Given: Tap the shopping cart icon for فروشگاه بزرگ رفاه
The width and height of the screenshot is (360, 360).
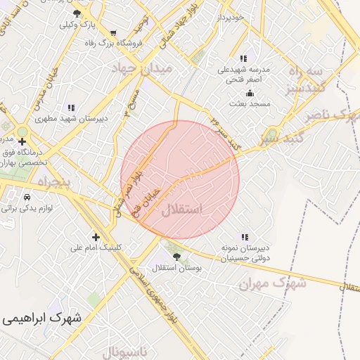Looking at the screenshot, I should [x=113, y=32].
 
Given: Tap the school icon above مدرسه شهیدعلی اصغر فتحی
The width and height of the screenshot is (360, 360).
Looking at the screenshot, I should [x=243, y=59].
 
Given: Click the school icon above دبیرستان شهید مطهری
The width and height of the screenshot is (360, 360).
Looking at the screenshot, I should [x=71, y=108].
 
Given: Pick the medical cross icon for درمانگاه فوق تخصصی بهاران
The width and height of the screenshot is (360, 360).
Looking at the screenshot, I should [x=22, y=141].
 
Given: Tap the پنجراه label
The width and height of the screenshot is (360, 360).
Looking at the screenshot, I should [x=49, y=182].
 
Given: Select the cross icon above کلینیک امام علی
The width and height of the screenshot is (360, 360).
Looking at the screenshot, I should [x=96, y=237].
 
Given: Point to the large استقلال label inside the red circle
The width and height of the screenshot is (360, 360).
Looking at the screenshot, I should [x=181, y=210].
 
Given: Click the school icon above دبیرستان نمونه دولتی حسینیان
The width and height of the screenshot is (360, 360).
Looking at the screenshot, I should [x=244, y=238].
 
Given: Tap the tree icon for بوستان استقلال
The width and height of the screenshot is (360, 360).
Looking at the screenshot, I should [x=176, y=257].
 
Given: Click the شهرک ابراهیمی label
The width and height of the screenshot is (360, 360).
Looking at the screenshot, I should [x=41, y=318].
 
